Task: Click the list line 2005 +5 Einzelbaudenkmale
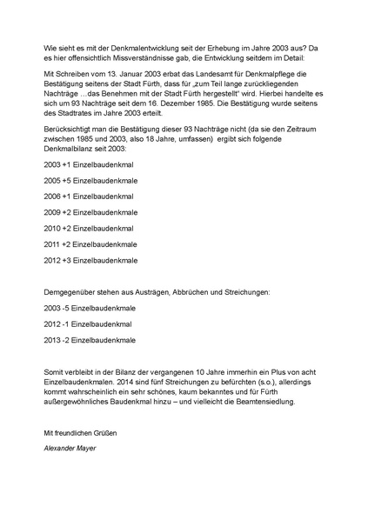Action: pos(90,180)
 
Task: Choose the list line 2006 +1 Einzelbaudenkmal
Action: pos(88,196)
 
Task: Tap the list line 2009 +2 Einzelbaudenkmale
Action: pos(90,211)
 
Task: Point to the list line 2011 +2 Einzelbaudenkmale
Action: pos(90,243)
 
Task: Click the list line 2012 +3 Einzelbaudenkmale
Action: pos(90,259)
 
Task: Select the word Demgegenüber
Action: pos(70,292)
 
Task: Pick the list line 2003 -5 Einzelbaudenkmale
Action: pos(89,308)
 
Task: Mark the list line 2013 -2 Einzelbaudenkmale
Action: pos(89,339)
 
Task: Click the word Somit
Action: pos(53,372)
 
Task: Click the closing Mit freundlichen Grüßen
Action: pos(79,433)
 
